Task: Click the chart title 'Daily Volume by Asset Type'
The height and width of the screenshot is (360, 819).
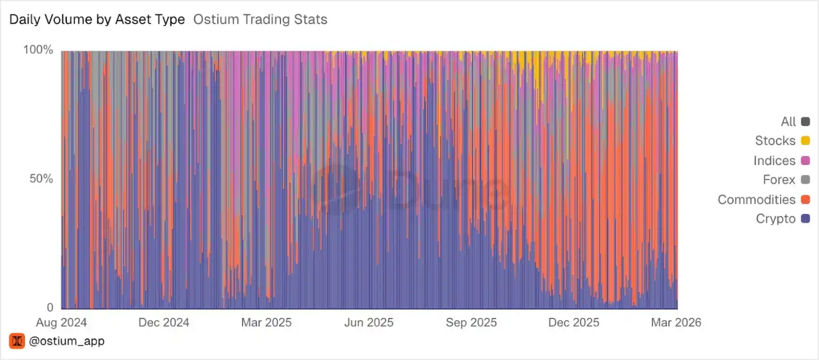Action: click(x=97, y=20)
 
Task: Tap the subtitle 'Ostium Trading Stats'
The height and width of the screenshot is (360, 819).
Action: click(x=260, y=20)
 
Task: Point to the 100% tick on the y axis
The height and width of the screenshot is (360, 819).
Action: click(x=38, y=50)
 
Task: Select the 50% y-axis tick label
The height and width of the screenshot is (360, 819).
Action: click(x=41, y=179)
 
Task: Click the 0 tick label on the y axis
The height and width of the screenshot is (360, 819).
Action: click(x=50, y=308)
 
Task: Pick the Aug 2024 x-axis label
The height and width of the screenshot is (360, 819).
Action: click(x=61, y=322)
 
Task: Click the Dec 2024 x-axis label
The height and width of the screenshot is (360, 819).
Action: click(x=164, y=322)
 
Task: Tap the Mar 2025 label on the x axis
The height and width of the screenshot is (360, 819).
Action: click(x=266, y=322)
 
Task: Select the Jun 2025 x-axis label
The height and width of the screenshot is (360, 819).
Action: click(x=368, y=322)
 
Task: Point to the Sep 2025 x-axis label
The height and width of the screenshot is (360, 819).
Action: click(x=471, y=322)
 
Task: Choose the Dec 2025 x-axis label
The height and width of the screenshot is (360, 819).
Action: click(x=574, y=322)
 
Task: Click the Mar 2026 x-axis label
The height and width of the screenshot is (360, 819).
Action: click(x=676, y=322)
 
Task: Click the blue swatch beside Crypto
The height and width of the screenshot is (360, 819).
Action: click(x=805, y=219)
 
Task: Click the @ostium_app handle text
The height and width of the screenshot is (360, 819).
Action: click(x=67, y=341)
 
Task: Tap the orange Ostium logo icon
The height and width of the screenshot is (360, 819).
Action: click(x=17, y=341)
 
